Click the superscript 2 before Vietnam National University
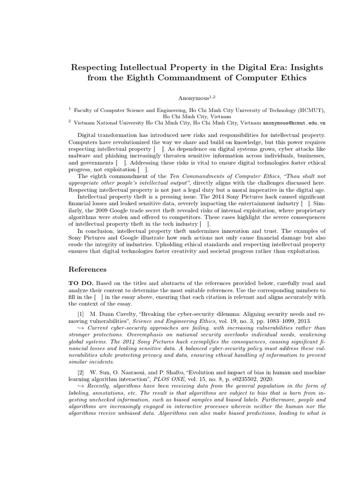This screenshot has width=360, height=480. pos(69,121)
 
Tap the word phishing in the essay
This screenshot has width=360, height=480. pos(118,155)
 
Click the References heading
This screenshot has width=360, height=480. pos(88,270)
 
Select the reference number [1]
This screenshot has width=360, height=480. pos(82,312)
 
